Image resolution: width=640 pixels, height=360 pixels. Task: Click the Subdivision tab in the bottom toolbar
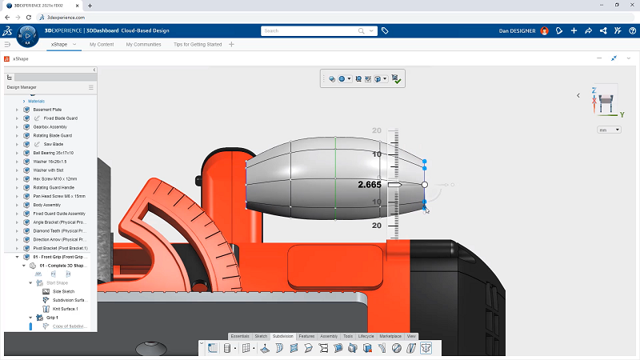(x=282, y=337)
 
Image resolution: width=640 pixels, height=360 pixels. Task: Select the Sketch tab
(x=261, y=337)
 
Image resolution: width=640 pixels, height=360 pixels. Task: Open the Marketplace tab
(x=390, y=337)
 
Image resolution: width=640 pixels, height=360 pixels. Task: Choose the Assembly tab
(x=329, y=337)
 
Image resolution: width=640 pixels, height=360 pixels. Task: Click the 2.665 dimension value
(x=369, y=185)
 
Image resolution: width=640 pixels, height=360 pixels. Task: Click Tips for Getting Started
(x=198, y=44)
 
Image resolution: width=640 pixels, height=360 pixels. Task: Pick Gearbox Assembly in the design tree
(x=50, y=126)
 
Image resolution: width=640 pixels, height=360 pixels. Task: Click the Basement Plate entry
(x=47, y=110)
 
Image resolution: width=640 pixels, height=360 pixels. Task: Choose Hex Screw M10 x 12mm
(x=58, y=178)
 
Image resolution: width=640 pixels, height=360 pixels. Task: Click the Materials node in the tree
(x=37, y=101)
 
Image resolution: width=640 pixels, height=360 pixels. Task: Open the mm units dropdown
(x=609, y=130)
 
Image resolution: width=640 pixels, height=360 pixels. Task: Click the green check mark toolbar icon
(x=397, y=79)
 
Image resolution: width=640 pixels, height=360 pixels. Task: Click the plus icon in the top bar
(x=574, y=30)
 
